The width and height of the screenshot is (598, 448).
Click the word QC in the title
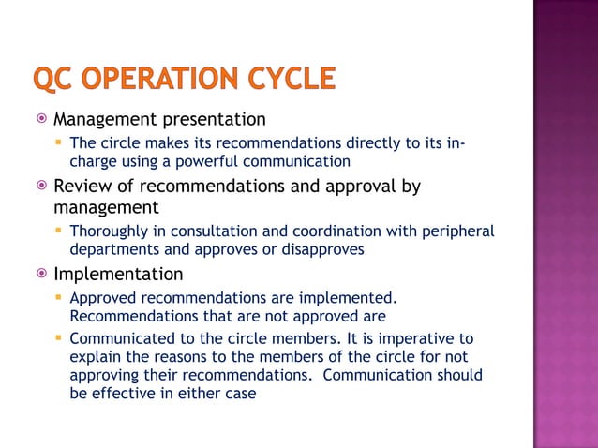click(52, 79)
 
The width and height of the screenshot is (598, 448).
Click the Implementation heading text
click(118, 275)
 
